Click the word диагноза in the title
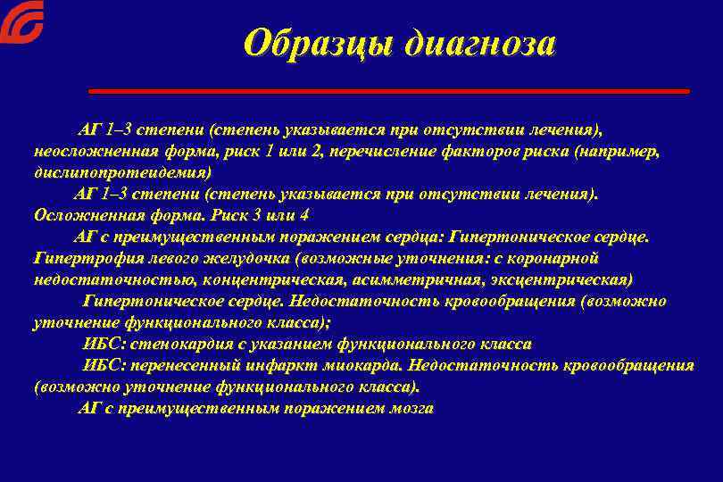coord(479,43)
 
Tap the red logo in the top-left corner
coord(21,21)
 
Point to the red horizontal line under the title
coord(389,91)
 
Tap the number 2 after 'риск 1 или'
coord(318,151)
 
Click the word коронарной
coord(557,258)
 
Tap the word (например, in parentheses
coord(616,151)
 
